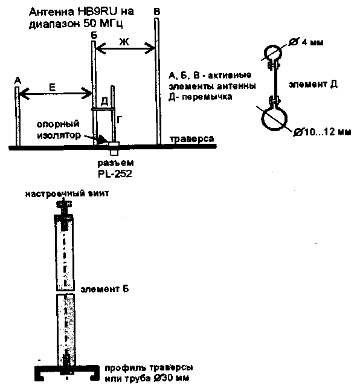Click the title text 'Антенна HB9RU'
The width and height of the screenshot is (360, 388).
coord(82,11)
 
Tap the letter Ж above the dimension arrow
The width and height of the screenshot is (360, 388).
coord(124,42)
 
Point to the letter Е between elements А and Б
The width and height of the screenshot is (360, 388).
coord(53,88)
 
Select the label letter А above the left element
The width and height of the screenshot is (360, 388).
coord(18,80)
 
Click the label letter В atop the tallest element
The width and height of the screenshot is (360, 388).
coord(157,11)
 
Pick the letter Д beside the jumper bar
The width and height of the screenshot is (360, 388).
coord(105,101)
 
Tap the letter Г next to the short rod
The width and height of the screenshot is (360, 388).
coord(120,120)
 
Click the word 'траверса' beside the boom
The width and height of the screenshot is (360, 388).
coord(192,138)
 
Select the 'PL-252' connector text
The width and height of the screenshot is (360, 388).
coord(115,173)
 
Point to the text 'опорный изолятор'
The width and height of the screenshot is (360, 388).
coord(59,130)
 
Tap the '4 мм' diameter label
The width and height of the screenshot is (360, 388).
coord(312,42)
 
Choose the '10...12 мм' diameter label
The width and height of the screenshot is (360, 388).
coord(327,132)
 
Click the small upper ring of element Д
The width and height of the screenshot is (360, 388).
coord(273,53)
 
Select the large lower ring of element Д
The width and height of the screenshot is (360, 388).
coord(274,118)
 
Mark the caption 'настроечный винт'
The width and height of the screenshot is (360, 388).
coord(67,193)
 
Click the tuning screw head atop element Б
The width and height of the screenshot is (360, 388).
coord(64,204)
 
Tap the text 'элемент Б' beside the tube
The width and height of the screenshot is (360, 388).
coord(105,289)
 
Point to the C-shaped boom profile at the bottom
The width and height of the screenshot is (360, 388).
coord(67,372)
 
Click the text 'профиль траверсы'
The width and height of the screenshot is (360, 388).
coord(149,367)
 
